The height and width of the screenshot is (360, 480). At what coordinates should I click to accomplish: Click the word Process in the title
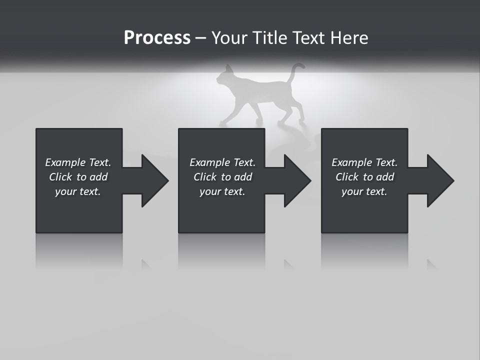click(x=157, y=38)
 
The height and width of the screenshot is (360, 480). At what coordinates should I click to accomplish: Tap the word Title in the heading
click(x=267, y=38)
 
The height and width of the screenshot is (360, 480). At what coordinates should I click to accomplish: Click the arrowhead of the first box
click(x=154, y=180)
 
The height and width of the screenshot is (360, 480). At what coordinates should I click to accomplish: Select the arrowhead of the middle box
click(x=297, y=180)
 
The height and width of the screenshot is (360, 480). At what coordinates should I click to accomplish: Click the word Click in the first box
click(x=60, y=177)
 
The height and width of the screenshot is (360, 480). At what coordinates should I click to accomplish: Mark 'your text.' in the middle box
click(x=222, y=191)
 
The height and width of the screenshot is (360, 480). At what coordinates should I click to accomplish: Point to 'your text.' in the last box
click(x=364, y=191)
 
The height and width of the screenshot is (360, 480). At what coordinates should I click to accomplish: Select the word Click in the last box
click(x=347, y=177)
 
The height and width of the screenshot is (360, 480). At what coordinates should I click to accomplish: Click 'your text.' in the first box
click(x=78, y=191)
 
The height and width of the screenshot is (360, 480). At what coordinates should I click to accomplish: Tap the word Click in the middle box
click(x=205, y=177)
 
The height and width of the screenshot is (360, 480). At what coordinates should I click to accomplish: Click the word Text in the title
click(x=308, y=38)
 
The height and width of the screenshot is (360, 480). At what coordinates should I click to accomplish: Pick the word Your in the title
click(x=230, y=38)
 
